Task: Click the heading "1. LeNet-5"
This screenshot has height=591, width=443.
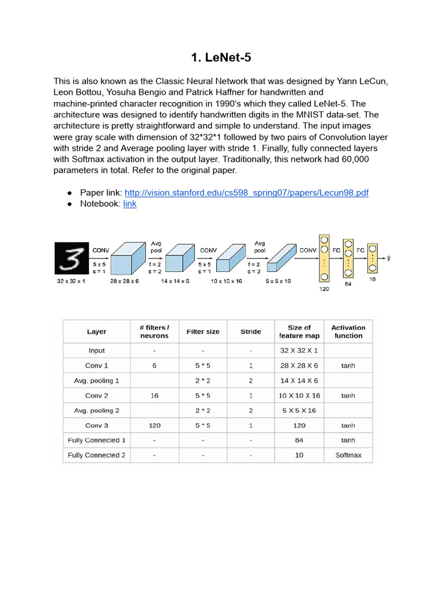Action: [221, 57]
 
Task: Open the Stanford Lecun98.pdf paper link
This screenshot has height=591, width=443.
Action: [246, 193]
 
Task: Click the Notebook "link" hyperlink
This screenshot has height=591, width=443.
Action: [130, 204]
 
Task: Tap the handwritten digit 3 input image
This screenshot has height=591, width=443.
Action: [71, 257]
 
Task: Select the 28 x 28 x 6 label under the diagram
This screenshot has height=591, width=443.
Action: [125, 281]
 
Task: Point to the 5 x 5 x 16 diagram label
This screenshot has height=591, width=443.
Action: [278, 281]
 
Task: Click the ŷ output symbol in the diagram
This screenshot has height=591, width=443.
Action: [389, 258]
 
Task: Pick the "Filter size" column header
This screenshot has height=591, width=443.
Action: [203, 332]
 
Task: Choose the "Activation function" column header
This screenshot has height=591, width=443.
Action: [348, 331]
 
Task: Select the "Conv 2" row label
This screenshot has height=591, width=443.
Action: [96, 396]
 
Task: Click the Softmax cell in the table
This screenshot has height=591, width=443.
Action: [348, 455]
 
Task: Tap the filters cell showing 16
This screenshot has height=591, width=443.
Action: [154, 396]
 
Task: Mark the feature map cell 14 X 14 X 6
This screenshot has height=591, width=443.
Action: [299, 381]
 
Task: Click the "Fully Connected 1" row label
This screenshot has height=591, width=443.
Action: [96, 440]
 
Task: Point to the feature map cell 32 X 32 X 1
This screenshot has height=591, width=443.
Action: [299, 351]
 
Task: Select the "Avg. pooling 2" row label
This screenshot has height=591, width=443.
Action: [96, 411]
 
